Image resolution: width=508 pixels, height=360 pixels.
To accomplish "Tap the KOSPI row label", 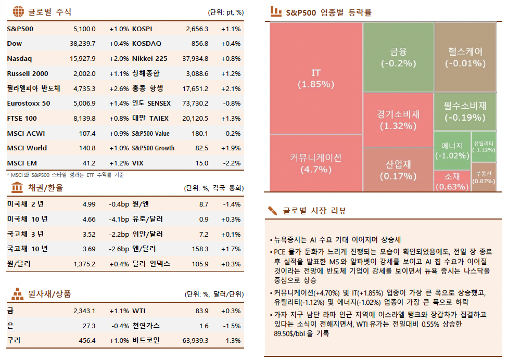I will (x=142, y=29).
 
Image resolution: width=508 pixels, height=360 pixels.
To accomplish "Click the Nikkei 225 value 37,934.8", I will (x=196, y=59).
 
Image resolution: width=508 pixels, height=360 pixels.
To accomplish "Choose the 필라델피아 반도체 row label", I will (x=33, y=88).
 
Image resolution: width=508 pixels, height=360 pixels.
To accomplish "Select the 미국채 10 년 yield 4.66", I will (x=88, y=219).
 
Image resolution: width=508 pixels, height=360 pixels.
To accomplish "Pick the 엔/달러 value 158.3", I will (x=200, y=249).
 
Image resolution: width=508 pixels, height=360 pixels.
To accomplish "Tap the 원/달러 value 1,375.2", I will (x=84, y=264).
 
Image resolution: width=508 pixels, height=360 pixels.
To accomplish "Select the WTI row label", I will (x=139, y=311).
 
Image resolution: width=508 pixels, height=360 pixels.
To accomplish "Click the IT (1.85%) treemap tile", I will (x=315, y=78).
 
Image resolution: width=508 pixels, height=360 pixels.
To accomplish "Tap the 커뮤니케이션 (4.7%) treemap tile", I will (x=315, y=163).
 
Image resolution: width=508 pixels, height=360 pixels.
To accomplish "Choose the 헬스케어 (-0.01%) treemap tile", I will (x=465, y=57).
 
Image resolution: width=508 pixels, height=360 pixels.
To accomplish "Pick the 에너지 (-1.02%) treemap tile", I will (x=451, y=150).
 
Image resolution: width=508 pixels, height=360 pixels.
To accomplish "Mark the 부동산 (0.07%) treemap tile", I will (x=484, y=177).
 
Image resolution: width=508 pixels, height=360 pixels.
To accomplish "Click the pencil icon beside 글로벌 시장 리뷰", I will (x=272, y=211).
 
